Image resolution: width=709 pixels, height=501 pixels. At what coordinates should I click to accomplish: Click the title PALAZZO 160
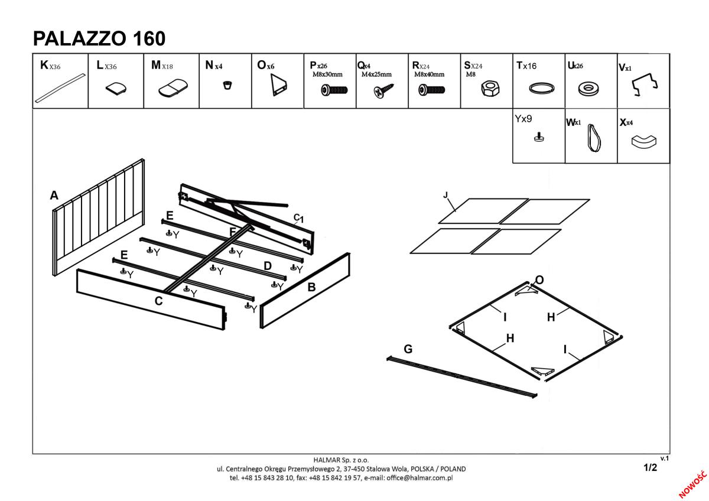click(x=99, y=38)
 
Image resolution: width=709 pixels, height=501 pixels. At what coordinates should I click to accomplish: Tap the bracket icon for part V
click(x=645, y=86)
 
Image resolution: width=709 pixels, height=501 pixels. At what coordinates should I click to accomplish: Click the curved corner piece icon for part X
click(x=644, y=141)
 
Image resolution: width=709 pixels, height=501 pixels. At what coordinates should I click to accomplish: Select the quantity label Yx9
click(x=523, y=119)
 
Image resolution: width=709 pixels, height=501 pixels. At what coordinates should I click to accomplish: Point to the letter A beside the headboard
click(x=54, y=196)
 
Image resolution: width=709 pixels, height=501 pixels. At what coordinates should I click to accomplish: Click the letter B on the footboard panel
click(x=311, y=288)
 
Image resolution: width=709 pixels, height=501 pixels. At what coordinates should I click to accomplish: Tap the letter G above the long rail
click(x=408, y=349)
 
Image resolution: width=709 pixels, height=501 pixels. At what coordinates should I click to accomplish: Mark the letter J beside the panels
click(x=445, y=194)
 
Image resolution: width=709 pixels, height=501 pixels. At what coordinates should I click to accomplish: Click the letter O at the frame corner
click(x=539, y=279)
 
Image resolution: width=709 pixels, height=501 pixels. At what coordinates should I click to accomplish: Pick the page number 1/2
click(x=650, y=467)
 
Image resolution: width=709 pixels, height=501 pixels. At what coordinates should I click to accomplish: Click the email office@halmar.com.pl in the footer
click(x=419, y=477)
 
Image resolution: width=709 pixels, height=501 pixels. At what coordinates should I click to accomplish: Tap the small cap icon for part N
click(x=226, y=85)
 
